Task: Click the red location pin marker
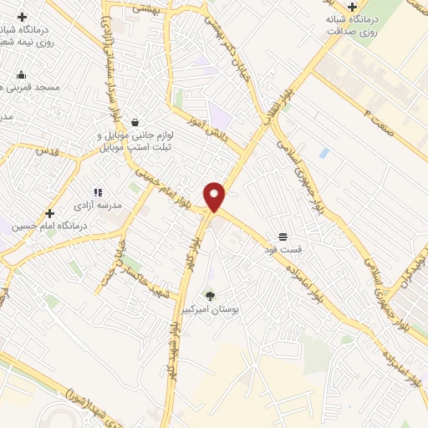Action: pos(216,196)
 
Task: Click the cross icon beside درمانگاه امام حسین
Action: pos(50,213)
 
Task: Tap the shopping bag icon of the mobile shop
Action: pos(135,122)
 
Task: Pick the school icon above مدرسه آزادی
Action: pos(98,192)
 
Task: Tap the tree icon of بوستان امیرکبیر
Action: pos(210,295)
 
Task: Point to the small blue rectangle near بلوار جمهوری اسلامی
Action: pos(324,153)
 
